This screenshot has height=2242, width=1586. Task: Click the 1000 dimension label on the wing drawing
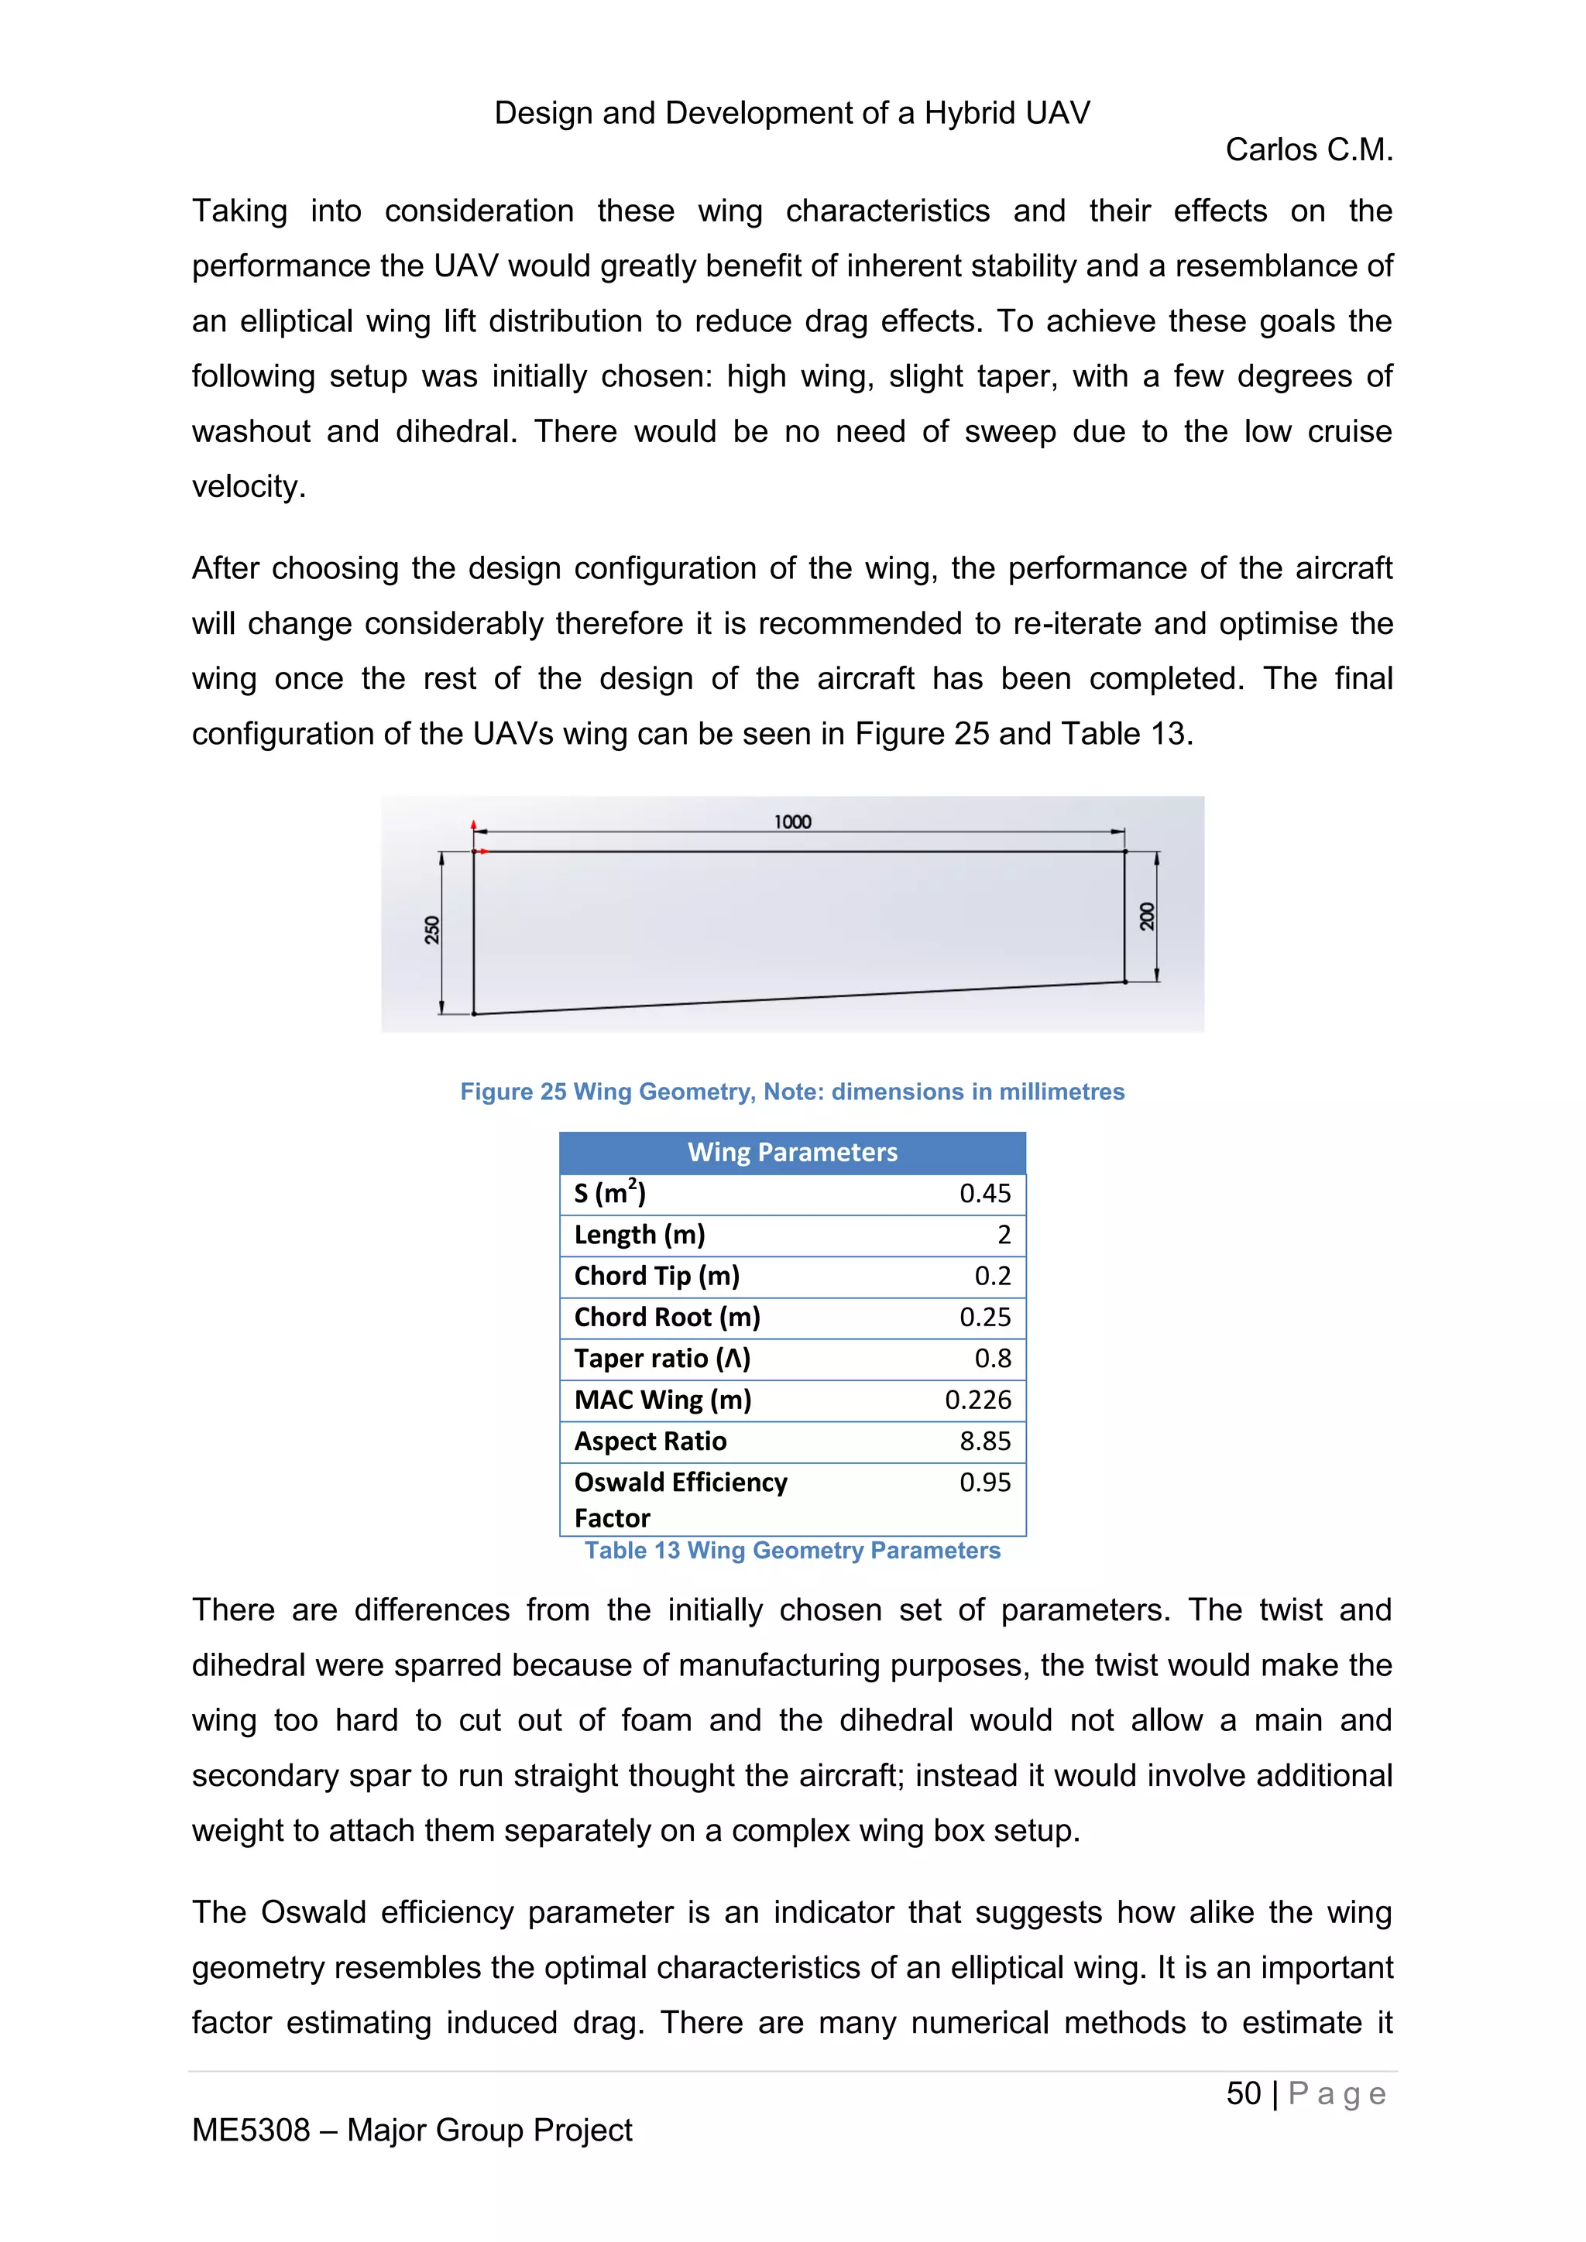click(792, 821)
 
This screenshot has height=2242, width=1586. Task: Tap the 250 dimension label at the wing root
click(431, 930)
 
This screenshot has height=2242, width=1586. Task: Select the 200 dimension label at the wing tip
click(1147, 916)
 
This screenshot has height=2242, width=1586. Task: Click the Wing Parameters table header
click(792, 1152)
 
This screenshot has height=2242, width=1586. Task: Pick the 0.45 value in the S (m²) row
click(984, 1193)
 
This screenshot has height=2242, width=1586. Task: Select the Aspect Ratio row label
click(650, 1442)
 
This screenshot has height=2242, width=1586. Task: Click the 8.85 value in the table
click(984, 1442)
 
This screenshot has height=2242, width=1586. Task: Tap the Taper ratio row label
click(661, 1359)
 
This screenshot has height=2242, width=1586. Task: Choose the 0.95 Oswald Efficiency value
click(984, 1483)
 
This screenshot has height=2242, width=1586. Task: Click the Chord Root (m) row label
click(666, 1318)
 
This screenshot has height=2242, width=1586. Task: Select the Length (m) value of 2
click(1003, 1236)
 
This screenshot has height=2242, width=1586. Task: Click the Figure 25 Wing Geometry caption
click(792, 1092)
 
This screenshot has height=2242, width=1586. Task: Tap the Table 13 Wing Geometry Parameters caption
click(792, 1551)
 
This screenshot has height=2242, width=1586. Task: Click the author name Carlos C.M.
click(1309, 150)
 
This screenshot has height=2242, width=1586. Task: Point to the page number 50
click(1243, 2093)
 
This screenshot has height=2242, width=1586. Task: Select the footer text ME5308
click(251, 2130)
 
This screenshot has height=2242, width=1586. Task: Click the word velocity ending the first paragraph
click(248, 486)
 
